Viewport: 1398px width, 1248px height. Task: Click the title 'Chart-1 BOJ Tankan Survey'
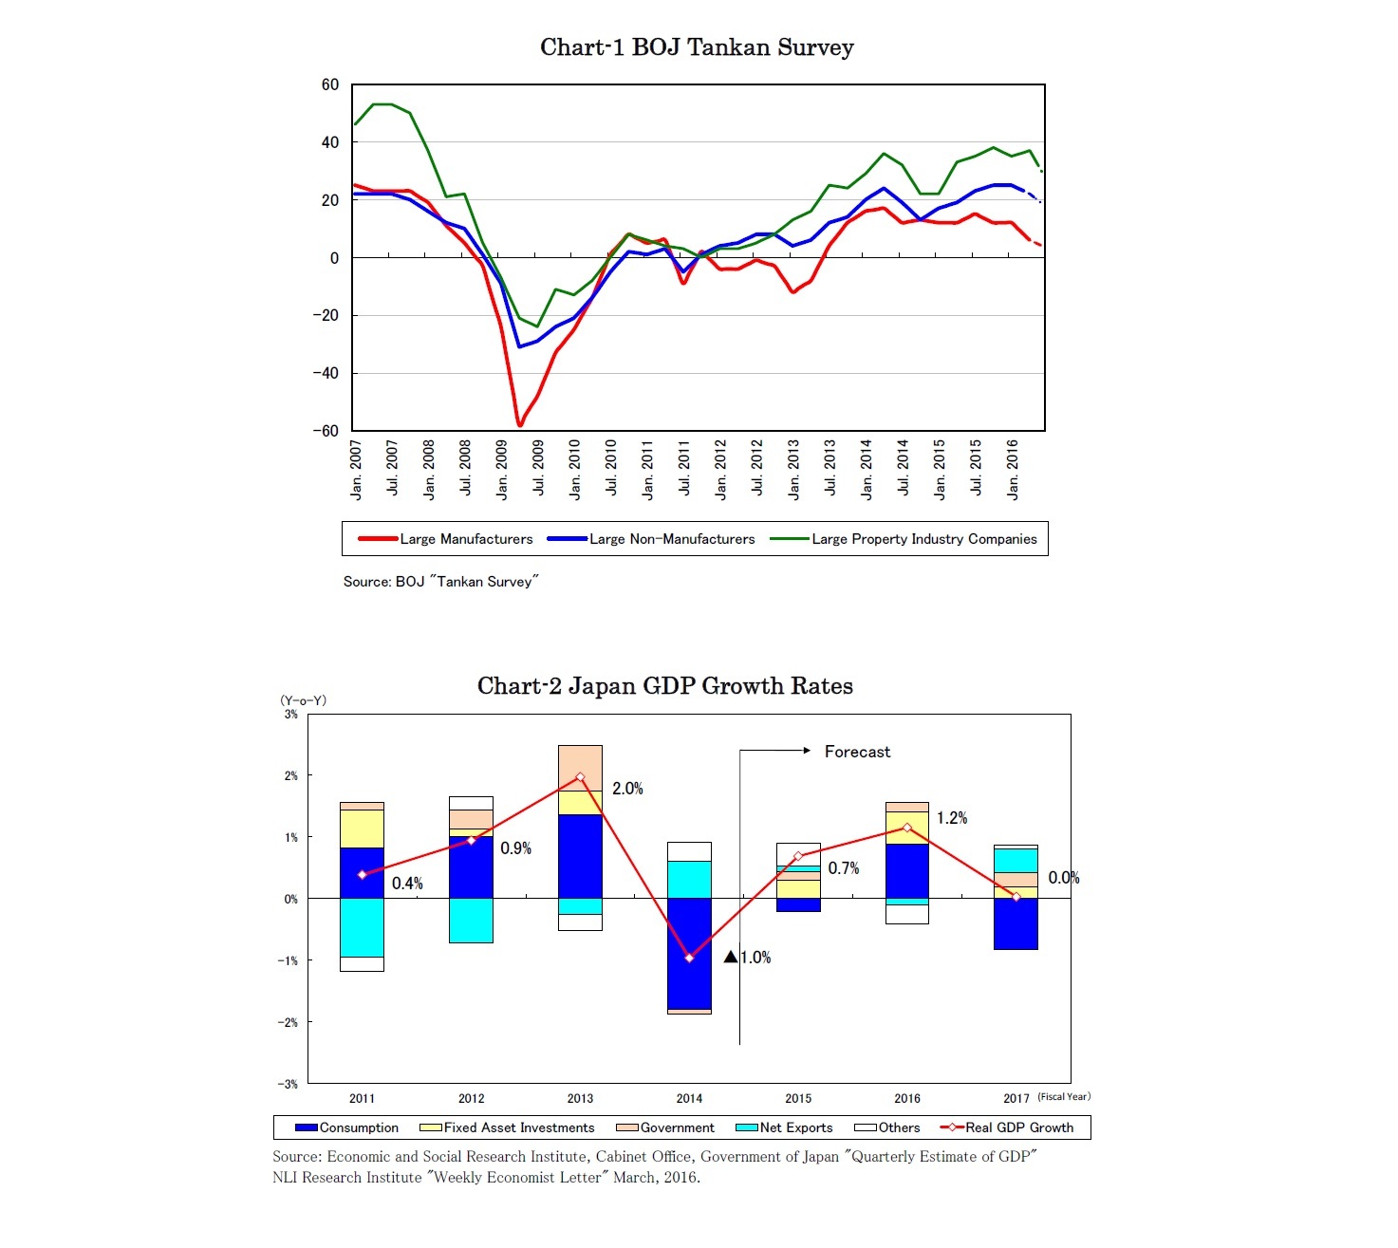(x=697, y=47)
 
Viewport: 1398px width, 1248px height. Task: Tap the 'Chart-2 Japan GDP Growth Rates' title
(x=664, y=686)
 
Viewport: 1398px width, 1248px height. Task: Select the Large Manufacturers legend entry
(x=445, y=539)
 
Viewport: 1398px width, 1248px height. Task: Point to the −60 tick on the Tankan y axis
(x=326, y=431)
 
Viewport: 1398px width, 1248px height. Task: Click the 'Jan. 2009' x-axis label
(x=502, y=469)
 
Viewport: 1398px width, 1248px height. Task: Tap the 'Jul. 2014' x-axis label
(x=903, y=468)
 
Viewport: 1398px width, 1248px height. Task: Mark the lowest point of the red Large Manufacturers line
(x=519, y=424)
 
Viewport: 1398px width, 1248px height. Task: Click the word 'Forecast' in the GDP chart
(x=857, y=752)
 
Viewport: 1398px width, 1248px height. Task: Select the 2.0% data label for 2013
(x=627, y=789)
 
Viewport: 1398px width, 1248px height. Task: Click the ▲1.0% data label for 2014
(x=748, y=958)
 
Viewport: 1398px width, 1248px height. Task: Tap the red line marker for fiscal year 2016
(x=907, y=828)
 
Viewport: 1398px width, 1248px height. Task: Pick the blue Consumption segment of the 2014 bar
(x=689, y=953)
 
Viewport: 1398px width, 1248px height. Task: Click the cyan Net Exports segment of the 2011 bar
(x=362, y=927)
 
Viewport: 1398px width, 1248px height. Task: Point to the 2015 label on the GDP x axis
(x=798, y=1098)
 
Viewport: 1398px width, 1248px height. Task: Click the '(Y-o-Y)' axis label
(x=303, y=700)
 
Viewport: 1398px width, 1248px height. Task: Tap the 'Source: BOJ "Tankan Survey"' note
(x=440, y=582)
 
